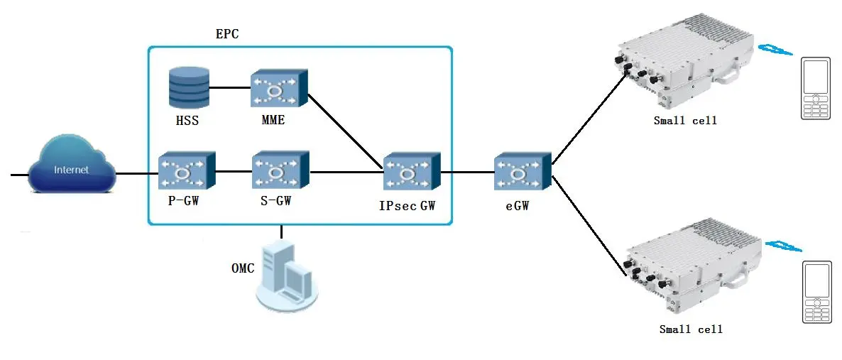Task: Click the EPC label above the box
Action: coord(226,34)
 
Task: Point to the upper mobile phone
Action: coord(816,89)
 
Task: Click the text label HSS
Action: coord(187,121)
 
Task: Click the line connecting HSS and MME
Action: coord(230,88)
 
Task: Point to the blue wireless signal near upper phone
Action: coord(776,50)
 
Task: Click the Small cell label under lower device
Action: coord(690,329)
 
